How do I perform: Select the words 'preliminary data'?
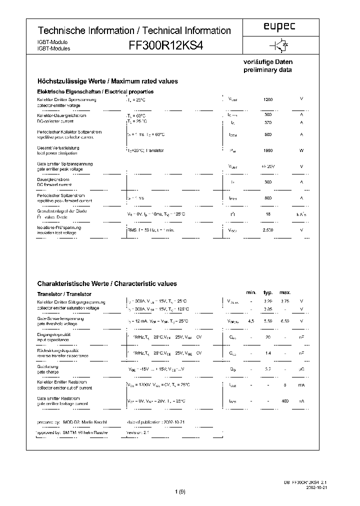coord(267,70)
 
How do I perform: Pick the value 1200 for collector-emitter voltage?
coord(268,99)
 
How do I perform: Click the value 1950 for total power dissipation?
coord(268,150)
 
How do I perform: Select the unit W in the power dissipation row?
coord(301,150)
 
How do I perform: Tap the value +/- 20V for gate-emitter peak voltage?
coord(268,166)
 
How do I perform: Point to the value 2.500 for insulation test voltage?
coord(268,230)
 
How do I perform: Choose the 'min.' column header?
coord(251,292)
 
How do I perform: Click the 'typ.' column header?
coord(268,292)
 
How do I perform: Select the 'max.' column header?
coord(285,292)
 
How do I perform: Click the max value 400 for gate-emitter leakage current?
coord(285,401)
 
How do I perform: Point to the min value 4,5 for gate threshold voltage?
coord(251,321)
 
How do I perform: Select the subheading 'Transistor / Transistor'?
coord(64,294)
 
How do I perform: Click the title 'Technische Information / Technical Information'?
coord(134,30)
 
